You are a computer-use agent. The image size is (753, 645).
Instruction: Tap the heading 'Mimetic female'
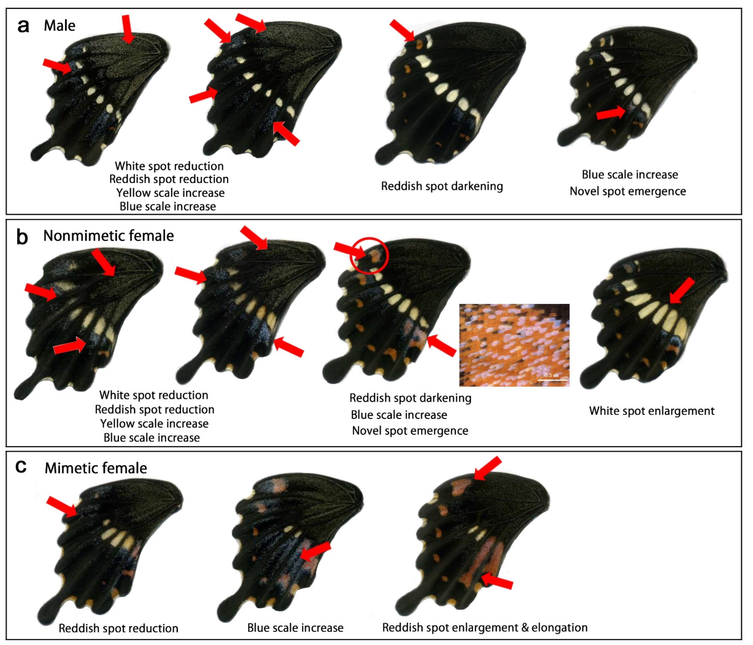96,468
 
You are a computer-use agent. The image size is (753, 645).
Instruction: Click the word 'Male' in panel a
60,25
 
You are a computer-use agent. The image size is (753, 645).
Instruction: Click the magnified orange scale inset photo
514,345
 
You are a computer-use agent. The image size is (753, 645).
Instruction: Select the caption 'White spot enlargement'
652,411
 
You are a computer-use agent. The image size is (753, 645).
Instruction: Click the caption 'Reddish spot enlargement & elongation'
485,628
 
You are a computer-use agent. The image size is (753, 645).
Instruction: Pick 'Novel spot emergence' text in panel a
628,191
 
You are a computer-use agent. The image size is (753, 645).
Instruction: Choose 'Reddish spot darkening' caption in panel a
442,186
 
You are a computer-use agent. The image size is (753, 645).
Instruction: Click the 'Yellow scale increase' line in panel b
154,423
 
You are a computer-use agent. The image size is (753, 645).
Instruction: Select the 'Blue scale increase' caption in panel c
295,628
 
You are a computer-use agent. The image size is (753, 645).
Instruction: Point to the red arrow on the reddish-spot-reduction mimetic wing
62,506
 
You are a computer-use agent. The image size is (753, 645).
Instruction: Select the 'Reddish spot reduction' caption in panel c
118,628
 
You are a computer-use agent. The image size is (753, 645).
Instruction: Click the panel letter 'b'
22,237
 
